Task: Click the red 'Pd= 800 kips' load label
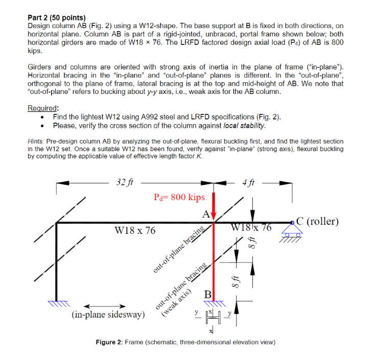click(179, 197)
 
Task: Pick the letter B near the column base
click(207, 295)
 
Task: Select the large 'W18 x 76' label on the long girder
click(134, 231)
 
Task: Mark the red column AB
click(214, 260)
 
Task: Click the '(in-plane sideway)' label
click(108, 315)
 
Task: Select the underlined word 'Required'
click(42, 108)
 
